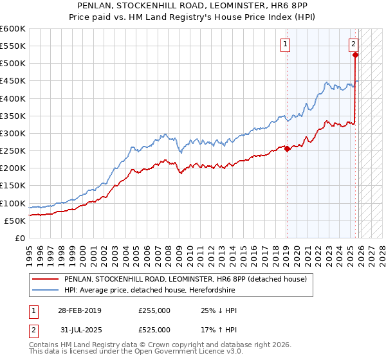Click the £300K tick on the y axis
13,133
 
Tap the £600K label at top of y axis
13,29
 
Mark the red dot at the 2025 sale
355,55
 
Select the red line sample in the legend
46,279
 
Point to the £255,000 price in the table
154,310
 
